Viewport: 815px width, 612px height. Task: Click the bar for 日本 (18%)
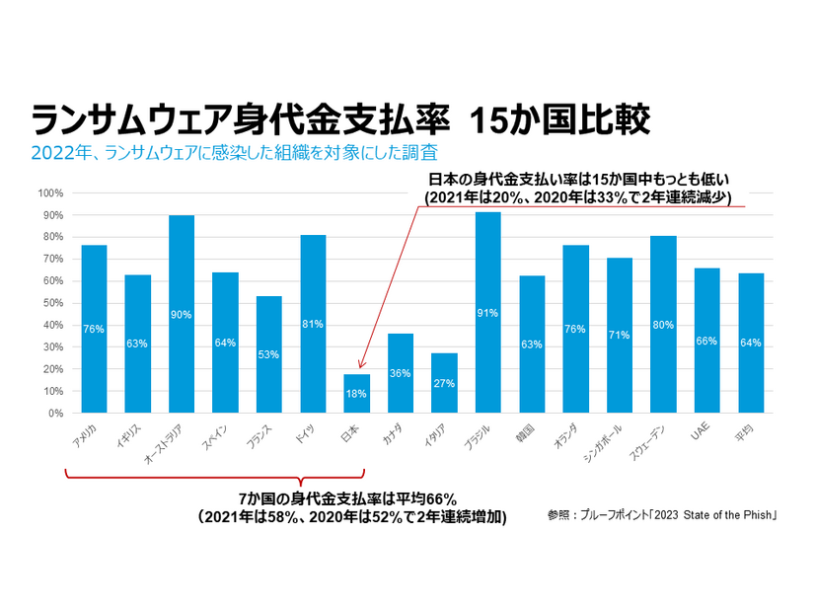tap(357, 393)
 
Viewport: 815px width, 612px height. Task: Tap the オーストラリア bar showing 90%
tap(182, 314)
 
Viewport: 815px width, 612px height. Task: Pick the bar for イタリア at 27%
tap(444, 383)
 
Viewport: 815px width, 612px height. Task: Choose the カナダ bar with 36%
tap(401, 373)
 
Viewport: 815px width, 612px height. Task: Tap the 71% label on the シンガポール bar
tap(619, 336)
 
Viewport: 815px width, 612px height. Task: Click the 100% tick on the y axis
tap(49, 192)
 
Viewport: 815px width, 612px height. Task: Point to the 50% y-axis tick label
tap(51, 303)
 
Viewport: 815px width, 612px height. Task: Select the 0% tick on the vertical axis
tap(55, 413)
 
